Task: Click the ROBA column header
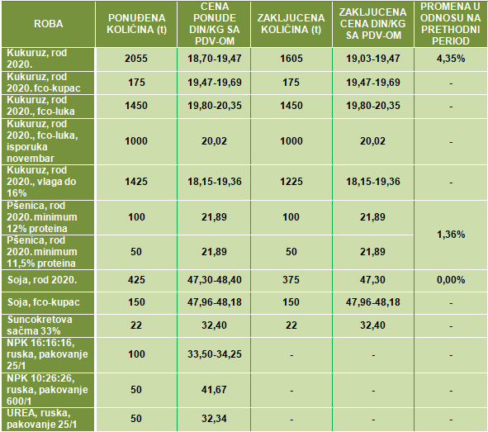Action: click(48, 24)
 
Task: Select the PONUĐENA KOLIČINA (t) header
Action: click(136, 24)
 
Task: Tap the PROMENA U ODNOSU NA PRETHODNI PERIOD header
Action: click(450, 24)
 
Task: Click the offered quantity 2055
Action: click(136, 59)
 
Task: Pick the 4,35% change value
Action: click(451, 59)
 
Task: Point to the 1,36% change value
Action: click(451, 235)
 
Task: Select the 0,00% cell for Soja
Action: click(451, 280)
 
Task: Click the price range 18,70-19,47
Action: click(215, 59)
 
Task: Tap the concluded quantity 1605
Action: click(291, 59)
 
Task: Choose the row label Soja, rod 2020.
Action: click(42, 280)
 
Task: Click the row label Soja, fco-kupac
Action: click(44, 302)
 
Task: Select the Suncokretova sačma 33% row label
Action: click(40, 325)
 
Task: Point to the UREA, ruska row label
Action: click(42, 419)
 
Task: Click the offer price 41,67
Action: click(214, 390)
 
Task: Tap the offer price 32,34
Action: click(214, 419)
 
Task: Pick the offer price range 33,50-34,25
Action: click(215, 354)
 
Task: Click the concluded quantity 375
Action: click(291, 280)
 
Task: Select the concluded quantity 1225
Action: click(291, 182)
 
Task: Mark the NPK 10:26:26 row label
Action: click(47, 390)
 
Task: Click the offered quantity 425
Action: click(136, 280)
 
